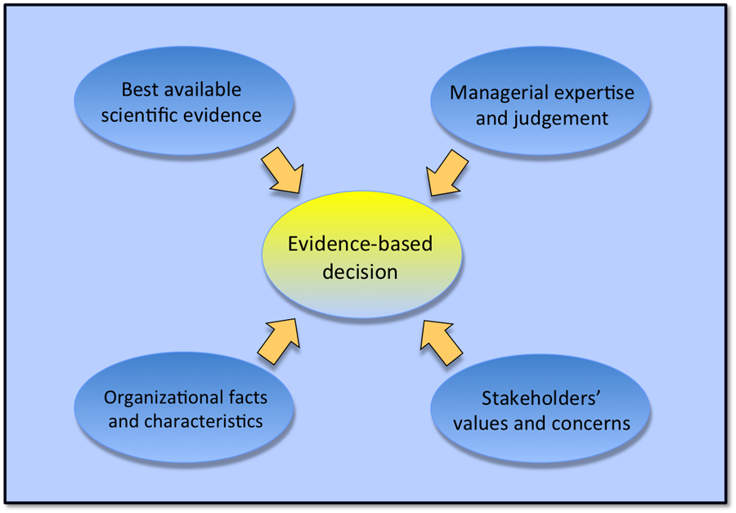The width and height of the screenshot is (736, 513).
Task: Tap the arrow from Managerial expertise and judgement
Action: [x=446, y=173]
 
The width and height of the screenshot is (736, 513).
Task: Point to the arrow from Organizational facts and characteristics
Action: [x=280, y=339]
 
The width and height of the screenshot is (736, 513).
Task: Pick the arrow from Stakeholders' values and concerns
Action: [x=442, y=341]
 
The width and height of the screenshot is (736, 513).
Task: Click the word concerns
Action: [x=596, y=423]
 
